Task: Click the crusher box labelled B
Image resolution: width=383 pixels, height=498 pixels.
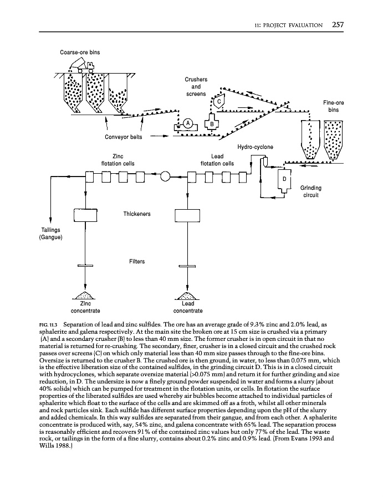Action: pyautogui.click(x=212, y=123)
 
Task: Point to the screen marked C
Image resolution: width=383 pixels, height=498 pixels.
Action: pyautogui.click(x=219, y=102)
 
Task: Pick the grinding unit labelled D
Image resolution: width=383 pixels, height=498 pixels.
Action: pyautogui.click(x=284, y=179)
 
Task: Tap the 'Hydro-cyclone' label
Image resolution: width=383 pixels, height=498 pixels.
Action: pyautogui.click(x=255, y=147)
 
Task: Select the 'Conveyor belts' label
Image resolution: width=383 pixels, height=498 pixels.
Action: pyautogui.click(x=124, y=137)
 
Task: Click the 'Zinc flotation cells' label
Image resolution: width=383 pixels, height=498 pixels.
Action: pyautogui.click(x=117, y=160)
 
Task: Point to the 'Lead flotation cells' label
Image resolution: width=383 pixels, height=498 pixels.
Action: pyautogui.click(x=217, y=160)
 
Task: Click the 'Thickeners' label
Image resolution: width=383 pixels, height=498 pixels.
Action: pyautogui.click(x=136, y=213)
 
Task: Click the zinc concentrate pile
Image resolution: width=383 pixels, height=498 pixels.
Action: pyautogui.click(x=85, y=295)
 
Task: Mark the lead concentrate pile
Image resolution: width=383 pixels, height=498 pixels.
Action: pyautogui.click(x=187, y=295)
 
